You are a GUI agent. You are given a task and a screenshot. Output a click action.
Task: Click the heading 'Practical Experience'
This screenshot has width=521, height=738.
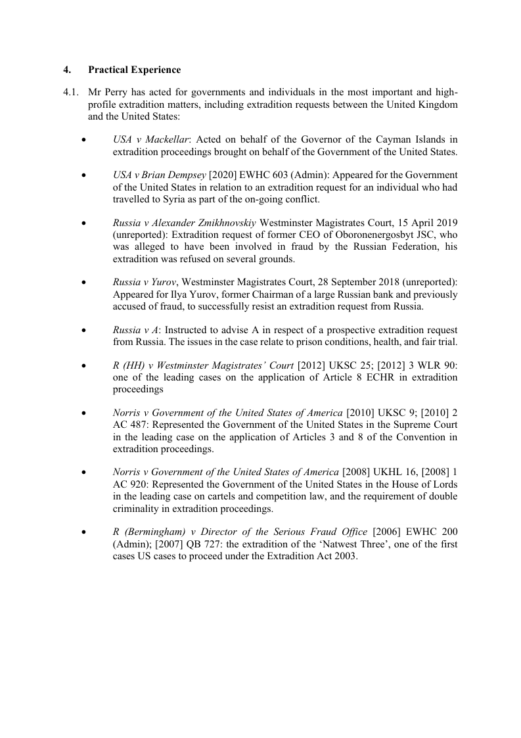click(x=134, y=70)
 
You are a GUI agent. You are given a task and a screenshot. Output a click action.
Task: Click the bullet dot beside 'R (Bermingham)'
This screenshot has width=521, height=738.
click(x=83, y=531)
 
